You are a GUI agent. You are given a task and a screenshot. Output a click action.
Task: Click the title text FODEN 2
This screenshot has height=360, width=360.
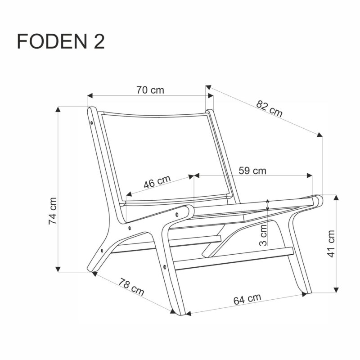pyautogui.click(x=61, y=41)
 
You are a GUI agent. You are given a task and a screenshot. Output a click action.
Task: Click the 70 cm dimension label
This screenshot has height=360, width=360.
pyautogui.click(x=150, y=90)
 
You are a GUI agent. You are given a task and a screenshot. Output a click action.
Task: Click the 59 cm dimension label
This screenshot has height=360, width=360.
pyautogui.click(x=252, y=171)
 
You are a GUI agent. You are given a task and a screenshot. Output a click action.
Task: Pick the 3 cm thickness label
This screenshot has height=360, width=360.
pyautogui.click(x=264, y=235)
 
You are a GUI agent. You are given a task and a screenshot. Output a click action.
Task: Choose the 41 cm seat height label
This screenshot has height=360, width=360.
pyautogui.click(x=331, y=243)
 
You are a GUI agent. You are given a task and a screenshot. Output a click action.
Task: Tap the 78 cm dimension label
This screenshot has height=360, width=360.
pyautogui.click(x=131, y=288)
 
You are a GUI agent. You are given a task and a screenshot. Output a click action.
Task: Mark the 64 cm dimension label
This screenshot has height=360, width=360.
pyautogui.click(x=247, y=299)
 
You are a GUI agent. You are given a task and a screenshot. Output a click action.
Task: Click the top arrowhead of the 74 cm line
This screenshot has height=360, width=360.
pyautogui.click(x=58, y=109)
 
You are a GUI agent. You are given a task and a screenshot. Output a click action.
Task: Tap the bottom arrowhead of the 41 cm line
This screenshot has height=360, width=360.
pyautogui.click(x=336, y=290)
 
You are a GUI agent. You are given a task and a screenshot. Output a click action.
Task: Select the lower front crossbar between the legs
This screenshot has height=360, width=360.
pyautogui.click(x=234, y=260)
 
